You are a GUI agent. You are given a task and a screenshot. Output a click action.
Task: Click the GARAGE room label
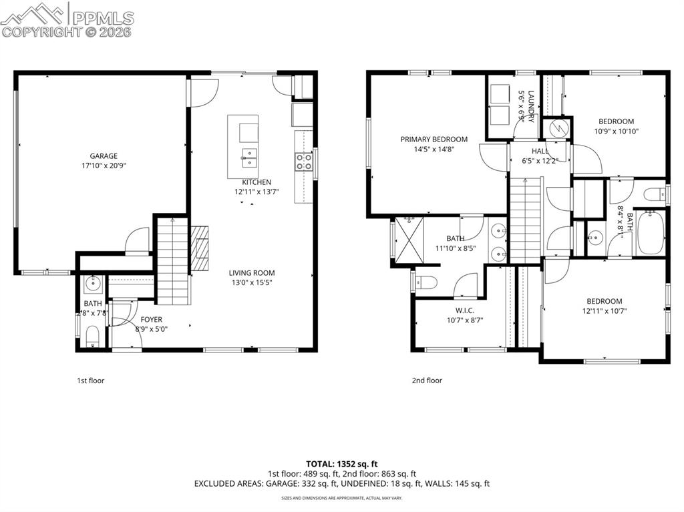click(x=104, y=156)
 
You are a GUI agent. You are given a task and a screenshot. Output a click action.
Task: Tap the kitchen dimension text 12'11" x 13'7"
click(x=256, y=192)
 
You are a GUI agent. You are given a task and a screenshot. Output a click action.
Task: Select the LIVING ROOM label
click(x=252, y=272)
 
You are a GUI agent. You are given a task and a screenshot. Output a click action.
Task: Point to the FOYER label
click(x=151, y=320)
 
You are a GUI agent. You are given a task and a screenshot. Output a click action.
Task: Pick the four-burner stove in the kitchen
click(x=303, y=160)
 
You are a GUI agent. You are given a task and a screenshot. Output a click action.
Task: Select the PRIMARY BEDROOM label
click(x=434, y=140)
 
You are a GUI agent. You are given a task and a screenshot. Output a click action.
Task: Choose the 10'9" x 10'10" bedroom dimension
click(x=615, y=131)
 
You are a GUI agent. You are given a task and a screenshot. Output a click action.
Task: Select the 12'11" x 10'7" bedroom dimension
click(x=604, y=310)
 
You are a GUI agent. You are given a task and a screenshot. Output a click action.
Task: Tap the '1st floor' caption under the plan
click(x=90, y=380)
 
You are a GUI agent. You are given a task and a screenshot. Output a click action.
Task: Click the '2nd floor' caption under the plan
click(x=427, y=380)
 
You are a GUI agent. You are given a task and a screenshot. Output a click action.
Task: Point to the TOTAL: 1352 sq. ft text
click(x=342, y=463)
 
